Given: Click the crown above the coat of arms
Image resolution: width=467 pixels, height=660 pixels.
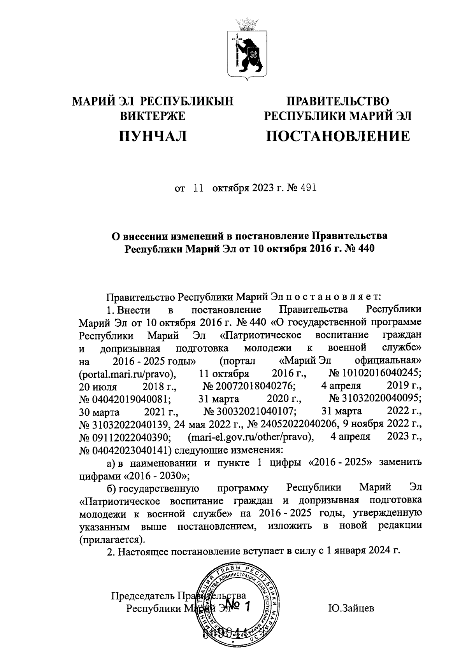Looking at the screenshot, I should click(246, 24).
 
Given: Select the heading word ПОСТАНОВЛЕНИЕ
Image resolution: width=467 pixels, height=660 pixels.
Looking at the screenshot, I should click(338, 136).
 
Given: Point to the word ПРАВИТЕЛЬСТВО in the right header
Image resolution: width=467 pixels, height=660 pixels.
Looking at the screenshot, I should click(338, 102).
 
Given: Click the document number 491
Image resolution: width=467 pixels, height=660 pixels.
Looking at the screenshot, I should click(308, 188).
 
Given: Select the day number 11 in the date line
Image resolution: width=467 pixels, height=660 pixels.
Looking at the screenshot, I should click(199, 188).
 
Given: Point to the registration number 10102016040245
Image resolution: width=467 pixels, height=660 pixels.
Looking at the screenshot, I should click(375, 374).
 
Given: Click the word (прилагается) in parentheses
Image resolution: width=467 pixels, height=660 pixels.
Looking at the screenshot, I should click(111, 539).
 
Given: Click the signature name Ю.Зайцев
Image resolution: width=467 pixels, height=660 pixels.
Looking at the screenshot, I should click(351, 608).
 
